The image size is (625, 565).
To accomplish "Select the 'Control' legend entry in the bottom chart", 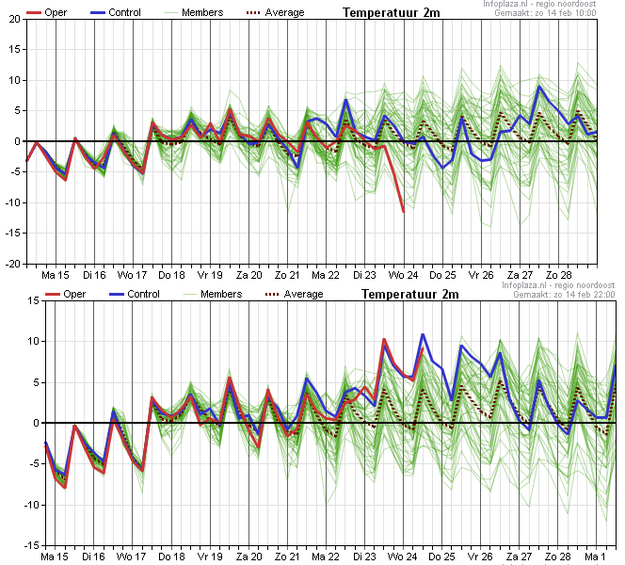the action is coord(135,294).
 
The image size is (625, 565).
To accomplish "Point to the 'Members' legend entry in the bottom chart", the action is coord(212,294).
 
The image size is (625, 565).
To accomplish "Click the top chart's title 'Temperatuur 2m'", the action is coord(391,13).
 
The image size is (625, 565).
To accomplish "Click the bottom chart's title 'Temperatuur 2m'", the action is coord(409,294).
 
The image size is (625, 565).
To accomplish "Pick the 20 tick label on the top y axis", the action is coord(14,19).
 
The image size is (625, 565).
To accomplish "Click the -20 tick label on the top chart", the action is coord(13,264).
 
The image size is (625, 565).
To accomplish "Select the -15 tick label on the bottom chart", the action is coord(31,545).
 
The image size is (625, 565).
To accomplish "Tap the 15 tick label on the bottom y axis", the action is coord(34,300).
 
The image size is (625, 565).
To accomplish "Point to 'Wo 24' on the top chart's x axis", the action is coord(404,275).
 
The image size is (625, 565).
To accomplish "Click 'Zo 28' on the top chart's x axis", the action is coord(559,275).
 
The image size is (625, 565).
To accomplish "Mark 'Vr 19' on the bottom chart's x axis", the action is coord(210,557).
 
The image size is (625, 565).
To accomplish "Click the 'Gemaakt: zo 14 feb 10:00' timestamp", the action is coord(545,13).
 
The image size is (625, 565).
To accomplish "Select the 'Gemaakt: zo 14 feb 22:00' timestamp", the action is coord(564,294).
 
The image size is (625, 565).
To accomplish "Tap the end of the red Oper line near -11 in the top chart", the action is coord(404,212).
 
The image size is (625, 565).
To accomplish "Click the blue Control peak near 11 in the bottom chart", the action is coord(423,334).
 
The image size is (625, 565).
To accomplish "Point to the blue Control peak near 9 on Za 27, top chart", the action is coord(539,87).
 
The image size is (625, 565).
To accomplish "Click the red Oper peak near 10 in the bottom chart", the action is coord(384,340).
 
